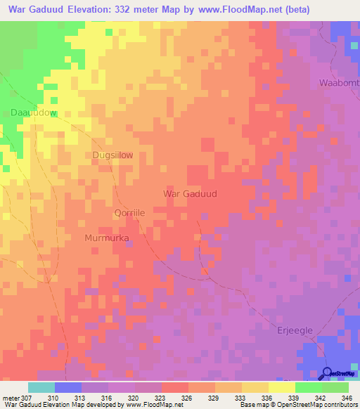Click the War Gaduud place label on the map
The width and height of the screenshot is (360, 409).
tap(189, 193)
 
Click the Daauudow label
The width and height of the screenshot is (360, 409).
tap(33, 112)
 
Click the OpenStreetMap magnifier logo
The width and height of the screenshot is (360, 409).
tap(327, 373)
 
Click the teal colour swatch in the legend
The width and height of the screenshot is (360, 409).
tap(41, 387)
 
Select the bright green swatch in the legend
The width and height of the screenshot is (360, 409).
tap(308, 387)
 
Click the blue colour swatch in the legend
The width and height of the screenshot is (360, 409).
tap(68, 387)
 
